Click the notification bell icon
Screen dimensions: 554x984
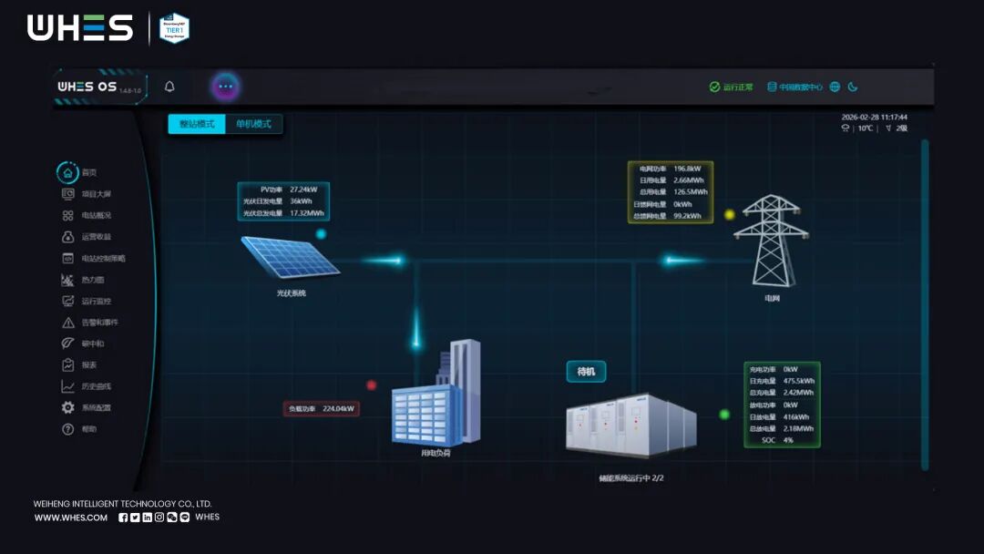(169, 87)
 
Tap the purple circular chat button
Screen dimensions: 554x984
(226, 87)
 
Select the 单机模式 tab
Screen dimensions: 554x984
(254, 124)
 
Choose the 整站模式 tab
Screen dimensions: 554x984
(197, 124)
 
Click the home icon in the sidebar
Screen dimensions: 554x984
(67, 172)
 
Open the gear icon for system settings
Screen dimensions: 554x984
(67, 407)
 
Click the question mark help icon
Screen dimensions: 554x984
(67, 429)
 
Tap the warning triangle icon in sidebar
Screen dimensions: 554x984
(67, 323)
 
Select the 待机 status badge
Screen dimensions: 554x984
(586, 371)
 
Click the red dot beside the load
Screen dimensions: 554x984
(371, 385)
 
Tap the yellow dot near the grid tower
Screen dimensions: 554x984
(729, 215)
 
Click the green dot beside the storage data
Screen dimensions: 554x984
(724, 415)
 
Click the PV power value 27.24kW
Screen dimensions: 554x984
(303, 190)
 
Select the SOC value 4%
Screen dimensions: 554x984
(788, 440)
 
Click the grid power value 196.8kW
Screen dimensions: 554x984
(687, 169)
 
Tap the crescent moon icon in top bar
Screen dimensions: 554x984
(853, 87)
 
